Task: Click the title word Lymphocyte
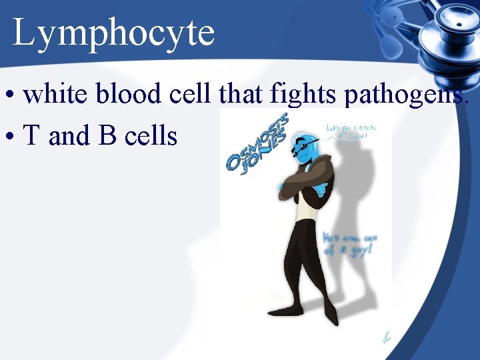coord(113,33)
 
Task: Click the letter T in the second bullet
coord(31,136)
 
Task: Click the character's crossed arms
coord(303,183)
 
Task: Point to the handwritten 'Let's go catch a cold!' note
coord(350,133)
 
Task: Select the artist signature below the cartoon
coord(387,337)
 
